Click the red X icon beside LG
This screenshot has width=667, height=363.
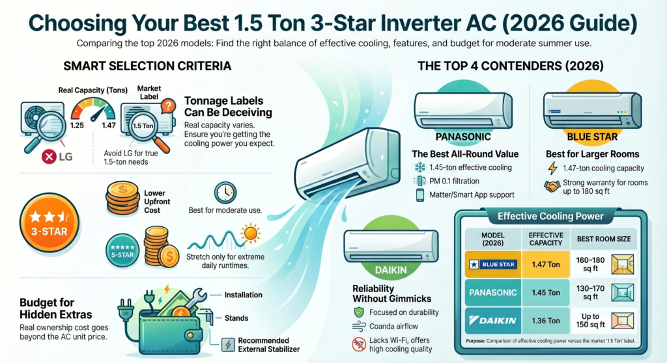pyautogui.click(x=49, y=157)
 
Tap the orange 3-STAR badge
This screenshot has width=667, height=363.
pyautogui.click(x=50, y=222)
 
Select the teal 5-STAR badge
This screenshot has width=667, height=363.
pyautogui.click(x=122, y=251)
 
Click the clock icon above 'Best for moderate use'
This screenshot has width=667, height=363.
pyautogui.click(x=225, y=193)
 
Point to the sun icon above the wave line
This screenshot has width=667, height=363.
pyautogui.click(x=250, y=233)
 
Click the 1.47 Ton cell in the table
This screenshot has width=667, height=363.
pyautogui.click(x=546, y=264)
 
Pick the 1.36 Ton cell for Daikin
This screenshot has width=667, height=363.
pyautogui.click(x=546, y=321)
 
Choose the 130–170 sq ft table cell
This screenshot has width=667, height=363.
pyautogui.click(x=590, y=293)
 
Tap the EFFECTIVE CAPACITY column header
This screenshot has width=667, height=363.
pyautogui.click(x=546, y=239)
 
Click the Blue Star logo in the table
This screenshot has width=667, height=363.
pyautogui.click(x=492, y=264)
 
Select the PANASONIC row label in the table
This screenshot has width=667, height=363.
pyautogui.click(x=492, y=293)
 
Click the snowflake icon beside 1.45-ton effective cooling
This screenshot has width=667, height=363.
pyautogui.click(x=420, y=167)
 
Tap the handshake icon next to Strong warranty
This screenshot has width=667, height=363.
pyautogui.click(x=552, y=186)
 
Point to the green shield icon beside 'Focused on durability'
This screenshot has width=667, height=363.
pyautogui.click(x=359, y=312)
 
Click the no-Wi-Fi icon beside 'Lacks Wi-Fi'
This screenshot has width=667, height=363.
pyautogui.click(x=359, y=344)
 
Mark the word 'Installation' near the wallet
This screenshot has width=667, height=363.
pyautogui.click(x=244, y=295)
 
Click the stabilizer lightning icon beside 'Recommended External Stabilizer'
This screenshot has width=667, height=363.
pyautogui.click(x=229, y=344)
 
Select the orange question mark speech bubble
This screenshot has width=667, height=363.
pyautogui.click(x=169, y=105)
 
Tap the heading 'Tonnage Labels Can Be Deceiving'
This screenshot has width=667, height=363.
pyautogui.click(x=228, y=107)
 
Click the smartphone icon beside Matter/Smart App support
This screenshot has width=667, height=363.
pyautogui.click(x=420, y=195)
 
